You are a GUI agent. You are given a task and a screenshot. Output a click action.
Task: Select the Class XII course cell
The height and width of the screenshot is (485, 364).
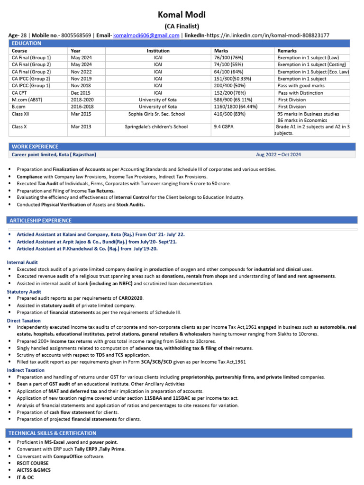tap(21, 114)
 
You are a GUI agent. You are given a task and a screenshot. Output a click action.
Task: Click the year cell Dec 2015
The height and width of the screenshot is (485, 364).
tap(81, 93)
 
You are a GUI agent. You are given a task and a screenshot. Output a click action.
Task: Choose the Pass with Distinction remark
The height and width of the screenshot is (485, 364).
tap(300, 93)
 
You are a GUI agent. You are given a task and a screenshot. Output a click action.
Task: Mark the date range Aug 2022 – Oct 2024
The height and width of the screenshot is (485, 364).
tap(278, 155)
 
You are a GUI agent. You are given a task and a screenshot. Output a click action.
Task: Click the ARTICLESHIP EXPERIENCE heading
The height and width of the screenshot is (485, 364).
tap(41, 220)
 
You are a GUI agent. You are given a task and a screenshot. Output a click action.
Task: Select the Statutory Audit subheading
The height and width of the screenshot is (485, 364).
tap(24, 292)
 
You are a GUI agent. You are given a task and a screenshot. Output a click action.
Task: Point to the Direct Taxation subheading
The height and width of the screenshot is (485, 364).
tap(23, 321)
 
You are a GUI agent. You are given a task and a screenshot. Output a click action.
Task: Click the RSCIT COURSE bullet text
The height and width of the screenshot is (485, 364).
tap(33, 463)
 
